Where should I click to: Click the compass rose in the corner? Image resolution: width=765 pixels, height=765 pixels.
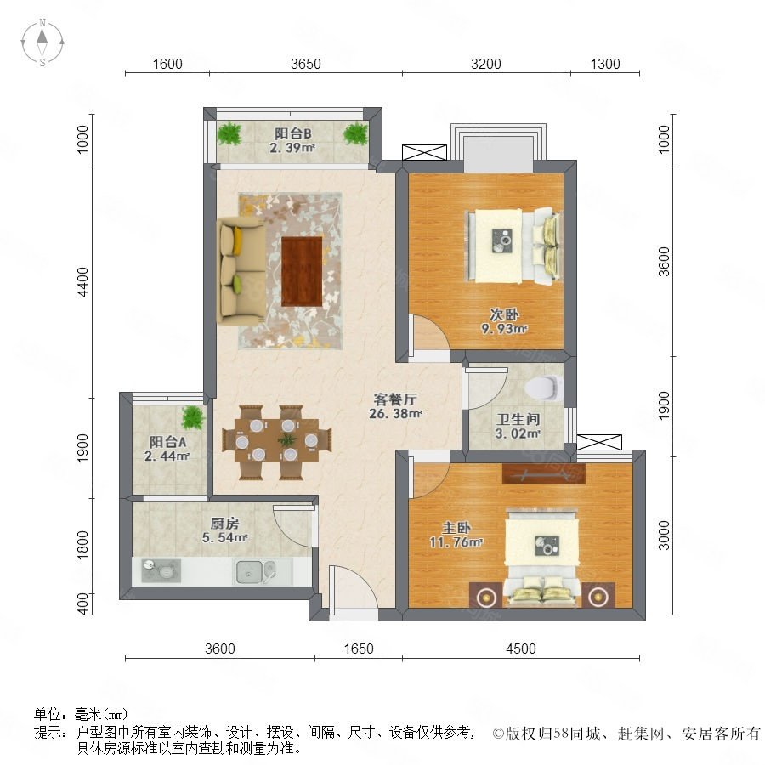pyautogui.click(x=42, y=42)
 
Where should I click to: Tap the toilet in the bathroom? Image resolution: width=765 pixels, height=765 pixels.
pyautogui.click(x=544, y=388)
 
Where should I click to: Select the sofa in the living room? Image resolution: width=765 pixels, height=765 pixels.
pyautogui.click(x=241, y=271)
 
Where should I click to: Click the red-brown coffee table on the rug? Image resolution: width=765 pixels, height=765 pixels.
pyautogui.click(x=302, y=271)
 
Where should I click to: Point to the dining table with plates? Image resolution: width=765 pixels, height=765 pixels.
pyautogui.click(x=276, y=441)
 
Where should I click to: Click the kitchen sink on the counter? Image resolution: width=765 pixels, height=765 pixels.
pyautogui.click(x=256, y=571)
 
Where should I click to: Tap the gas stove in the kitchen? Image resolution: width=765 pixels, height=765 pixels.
pyautogui.click(x=161, y=571)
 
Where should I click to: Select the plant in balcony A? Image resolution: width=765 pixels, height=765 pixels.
pyautogui.click(x=193, y=417)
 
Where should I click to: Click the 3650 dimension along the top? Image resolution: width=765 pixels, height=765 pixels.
pyautogui.click(x=306, y=64)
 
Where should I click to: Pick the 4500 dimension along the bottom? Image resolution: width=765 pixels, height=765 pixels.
pyautogui.click(x=521, y=649)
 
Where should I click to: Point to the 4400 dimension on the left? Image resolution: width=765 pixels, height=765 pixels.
pyautogui.click(x=83, y=281)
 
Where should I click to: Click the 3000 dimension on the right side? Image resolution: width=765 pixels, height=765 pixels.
pyautogui.click(x=664, y=535)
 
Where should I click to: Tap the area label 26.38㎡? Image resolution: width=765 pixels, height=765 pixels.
pyautogui.click(x=395, y=414)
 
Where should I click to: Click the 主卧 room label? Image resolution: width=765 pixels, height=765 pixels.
pyautogui.click(x=456, y=527)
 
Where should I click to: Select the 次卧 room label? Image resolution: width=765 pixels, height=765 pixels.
pyautogui.click(x=504, y=314)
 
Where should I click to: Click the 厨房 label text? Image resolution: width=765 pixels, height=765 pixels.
pyautogui.click(x=225, y=524)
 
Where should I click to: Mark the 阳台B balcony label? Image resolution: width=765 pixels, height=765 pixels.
pyautogui.click(x=292, y=133)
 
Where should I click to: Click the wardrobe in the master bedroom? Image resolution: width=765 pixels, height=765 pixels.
pyautogui.click(x=543, y=473)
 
